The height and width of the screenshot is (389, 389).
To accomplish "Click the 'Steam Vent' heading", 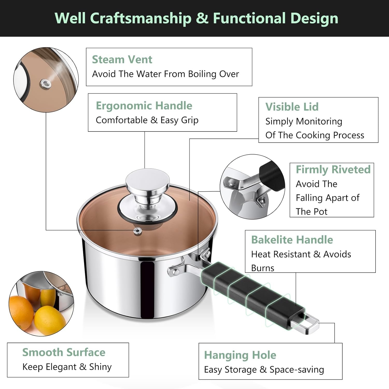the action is click(122, 60).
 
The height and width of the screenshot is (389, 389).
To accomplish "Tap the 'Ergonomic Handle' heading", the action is click(144, 106).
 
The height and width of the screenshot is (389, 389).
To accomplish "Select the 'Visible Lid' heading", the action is click(292, 107).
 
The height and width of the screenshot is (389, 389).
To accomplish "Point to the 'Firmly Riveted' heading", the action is click(333, 170).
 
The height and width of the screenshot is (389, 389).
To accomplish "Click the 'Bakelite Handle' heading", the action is click(292, 240).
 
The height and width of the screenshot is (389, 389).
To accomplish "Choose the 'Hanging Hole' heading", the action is click(240, 355).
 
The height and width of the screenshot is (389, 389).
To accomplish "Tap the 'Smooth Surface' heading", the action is click(64, 352).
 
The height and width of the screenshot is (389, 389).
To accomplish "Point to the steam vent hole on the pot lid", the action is click(137, 231).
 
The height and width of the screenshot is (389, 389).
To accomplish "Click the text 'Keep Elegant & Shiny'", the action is click(67, 367).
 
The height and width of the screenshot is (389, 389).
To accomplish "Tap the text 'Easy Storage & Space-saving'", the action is click(264, 370).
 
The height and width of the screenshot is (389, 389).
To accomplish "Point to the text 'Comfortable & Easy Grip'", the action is click(147, 120).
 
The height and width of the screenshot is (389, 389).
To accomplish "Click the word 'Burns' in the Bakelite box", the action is click(262, 268).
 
